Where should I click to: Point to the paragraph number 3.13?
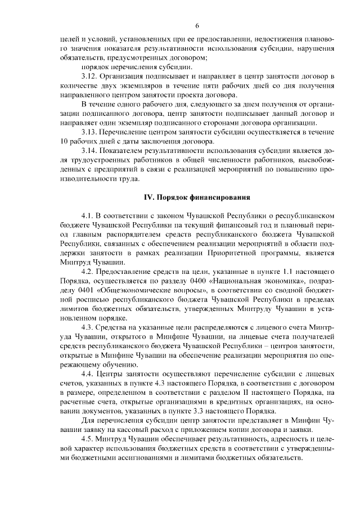(x=89, y=132)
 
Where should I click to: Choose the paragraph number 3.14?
(x=89, y=151)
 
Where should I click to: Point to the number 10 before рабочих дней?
(x=64, y=142)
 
